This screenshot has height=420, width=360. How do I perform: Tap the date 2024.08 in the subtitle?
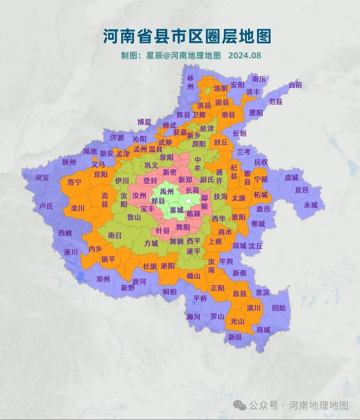245,55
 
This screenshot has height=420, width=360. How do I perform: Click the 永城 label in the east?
310,205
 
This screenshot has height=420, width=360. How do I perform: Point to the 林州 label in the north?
191,82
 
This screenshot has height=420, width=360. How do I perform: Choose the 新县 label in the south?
235,336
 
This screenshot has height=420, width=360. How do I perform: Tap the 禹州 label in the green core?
166,191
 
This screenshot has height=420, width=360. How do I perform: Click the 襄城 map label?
170,210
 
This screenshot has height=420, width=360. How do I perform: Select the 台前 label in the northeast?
296,85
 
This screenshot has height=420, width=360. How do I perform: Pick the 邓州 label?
103,279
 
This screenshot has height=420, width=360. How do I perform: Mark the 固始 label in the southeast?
279,308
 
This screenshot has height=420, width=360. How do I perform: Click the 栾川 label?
77,209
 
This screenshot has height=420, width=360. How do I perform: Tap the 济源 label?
117,137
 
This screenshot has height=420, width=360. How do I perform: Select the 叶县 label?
162,231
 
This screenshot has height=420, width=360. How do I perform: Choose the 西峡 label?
65,233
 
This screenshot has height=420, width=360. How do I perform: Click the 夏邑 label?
301,190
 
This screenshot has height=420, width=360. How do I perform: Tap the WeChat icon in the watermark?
241,405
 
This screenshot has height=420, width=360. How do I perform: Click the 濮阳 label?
256,113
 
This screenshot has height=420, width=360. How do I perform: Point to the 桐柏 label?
169,291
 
